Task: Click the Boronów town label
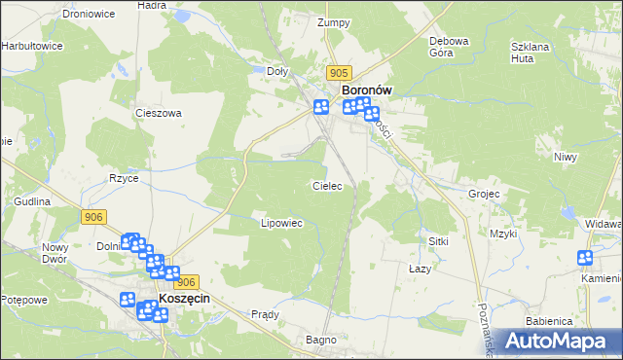367,90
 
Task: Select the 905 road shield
339,73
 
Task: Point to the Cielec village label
326,185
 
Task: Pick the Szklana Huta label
533,52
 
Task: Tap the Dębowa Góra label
450,47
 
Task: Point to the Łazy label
420,268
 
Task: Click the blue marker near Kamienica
585,258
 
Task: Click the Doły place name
278,71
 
